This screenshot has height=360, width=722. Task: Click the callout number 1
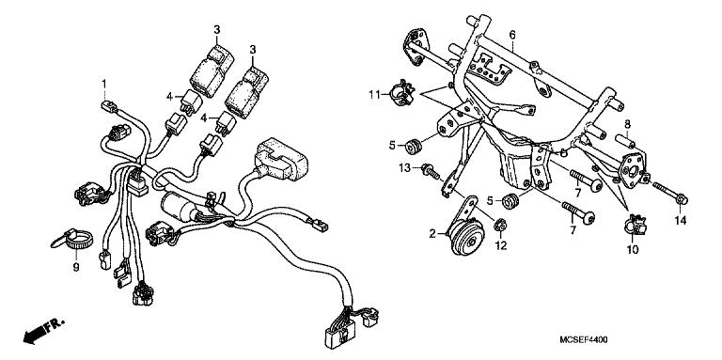104,84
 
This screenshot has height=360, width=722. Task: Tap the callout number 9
76,268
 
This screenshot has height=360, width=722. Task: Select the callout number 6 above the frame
512,35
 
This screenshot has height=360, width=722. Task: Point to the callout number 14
681,221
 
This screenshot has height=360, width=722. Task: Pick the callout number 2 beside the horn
432,234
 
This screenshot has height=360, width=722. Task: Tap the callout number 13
405,168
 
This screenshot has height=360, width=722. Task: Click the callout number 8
627,124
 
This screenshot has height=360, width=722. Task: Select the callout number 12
501,246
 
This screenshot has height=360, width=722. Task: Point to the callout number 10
633,250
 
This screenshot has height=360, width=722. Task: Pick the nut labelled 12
501,226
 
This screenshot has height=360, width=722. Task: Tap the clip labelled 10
636,224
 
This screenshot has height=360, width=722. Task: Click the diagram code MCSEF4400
584,339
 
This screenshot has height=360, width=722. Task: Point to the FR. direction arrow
44,331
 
